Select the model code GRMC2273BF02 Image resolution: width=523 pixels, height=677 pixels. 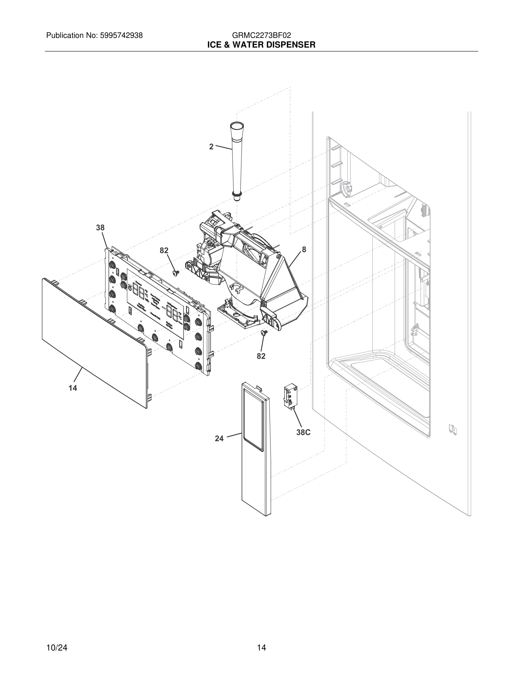[x=261, y=35]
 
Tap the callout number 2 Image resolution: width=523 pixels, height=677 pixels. [x=211, y=147]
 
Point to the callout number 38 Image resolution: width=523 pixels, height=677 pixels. [x=100, y=228]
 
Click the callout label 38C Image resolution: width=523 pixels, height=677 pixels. [x=303, y=433]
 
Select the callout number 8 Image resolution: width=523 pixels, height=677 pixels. [x=304, y=250]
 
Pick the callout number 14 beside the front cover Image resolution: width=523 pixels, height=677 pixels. [x=73, y=388]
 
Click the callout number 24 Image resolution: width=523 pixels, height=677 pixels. [x=219, y=438]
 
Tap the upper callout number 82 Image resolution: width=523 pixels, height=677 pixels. [x=164, y=250]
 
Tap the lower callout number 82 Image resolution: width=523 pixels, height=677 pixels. [x=261, y=356]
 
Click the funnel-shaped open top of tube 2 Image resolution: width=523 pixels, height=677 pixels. [x=237, y=126]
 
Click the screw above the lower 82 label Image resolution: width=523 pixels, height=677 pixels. [x=264, y=333]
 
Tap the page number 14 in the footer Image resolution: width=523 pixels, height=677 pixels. [x=261, y=639]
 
